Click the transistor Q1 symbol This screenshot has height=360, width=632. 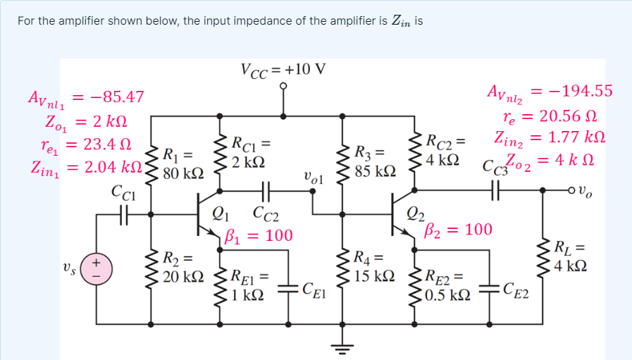pyautogui.click(x=206, y=219)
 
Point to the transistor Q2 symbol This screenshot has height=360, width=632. pyautogui.click(x=400, y=219)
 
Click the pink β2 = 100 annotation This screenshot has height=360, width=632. pyautogui.click(x=459, y=230)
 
